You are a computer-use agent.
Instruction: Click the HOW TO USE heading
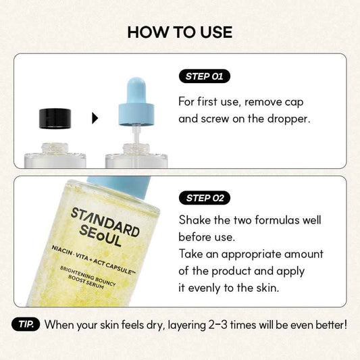[x=180, y=32]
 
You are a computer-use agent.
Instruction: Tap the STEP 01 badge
[x=205, y=76]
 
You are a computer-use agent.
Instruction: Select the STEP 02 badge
[x=205, y=198]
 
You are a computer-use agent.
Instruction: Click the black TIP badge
[x=26, y=324]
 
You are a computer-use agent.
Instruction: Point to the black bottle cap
[x=55, y=119]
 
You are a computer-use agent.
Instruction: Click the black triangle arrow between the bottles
[x=95, y=118]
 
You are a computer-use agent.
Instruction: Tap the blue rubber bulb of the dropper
[x=136, y=91]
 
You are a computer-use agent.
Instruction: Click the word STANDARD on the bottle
[x=105, y=222]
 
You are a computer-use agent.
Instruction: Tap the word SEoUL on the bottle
[x=100, y=236]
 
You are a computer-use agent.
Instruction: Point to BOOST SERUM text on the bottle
[x=86, y=282]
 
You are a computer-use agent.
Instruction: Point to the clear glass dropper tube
[x=136, y=136]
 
